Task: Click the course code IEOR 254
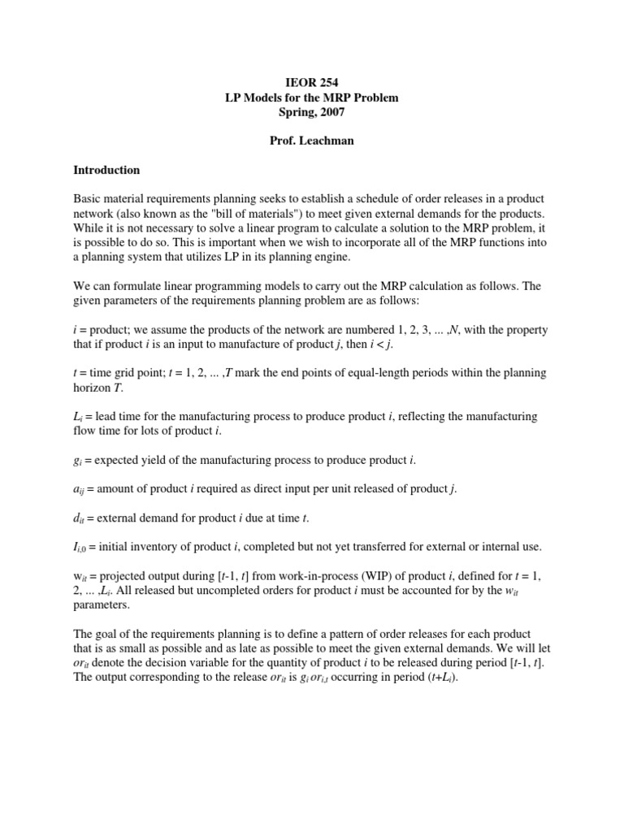(312, 83)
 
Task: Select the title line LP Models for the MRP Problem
(312, 97)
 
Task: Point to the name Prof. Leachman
(312, 141)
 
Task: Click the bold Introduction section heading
(106, 171)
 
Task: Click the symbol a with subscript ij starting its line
(80, 490)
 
